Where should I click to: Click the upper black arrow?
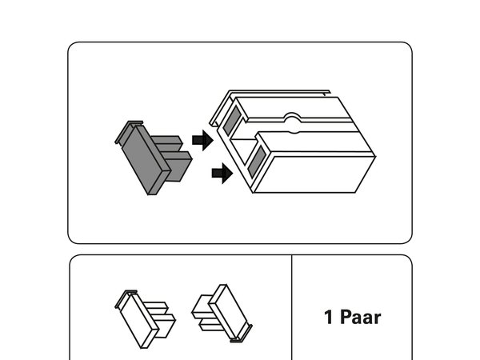click(x=202, y=140)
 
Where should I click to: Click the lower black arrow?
click(x=222, y=174)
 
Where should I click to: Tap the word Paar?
click(x=360, y=317)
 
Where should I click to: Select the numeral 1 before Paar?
click(x=329, y=317)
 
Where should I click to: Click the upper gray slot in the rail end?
click(x=232, y=120)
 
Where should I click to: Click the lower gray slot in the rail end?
click(x=257, y=162)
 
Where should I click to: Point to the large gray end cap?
click(x=153, y=158)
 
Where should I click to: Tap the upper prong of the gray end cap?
click(x=168, y=143)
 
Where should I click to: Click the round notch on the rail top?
click(x=293, y=122)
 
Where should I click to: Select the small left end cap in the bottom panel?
click(x=145, y=319)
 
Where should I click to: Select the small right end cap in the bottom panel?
click(x=222, y=313)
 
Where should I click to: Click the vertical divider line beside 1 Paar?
click(x=292, y=307)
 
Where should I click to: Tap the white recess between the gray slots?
click(x=243, y=150)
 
